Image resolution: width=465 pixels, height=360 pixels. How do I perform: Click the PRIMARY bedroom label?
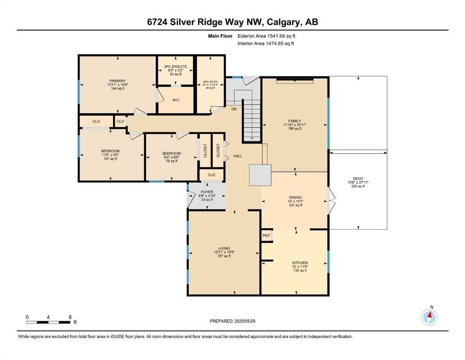pos(118,81)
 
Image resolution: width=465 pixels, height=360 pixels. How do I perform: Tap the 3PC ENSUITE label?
pos(176,67)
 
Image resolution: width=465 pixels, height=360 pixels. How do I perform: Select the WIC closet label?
pos(176,100)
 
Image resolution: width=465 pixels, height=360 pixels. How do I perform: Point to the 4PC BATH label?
pos(210,82)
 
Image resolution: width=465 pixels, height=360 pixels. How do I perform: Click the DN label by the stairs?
pos(234,109)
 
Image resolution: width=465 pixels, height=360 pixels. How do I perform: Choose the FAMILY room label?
pos(295,121)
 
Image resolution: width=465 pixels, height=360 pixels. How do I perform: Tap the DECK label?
pos(358,179)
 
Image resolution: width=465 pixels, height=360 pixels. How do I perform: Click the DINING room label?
pos(295,197)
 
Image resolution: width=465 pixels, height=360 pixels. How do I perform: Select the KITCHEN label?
pos(300,263)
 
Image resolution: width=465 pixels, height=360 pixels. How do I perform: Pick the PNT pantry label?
pos(266,236)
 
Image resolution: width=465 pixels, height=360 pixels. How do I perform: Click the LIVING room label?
pos(224,248)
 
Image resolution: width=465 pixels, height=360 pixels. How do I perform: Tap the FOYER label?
pos(207,192)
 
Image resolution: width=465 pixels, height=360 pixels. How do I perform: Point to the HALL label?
pos(238,156)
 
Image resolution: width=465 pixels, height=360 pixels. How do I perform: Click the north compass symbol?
pos(429,317)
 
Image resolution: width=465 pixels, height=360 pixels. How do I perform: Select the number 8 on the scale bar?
pos(70,317)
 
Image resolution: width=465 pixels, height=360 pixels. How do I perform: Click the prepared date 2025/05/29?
pos(244,321)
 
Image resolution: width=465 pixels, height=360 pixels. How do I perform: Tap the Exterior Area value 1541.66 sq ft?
pos(281,36)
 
